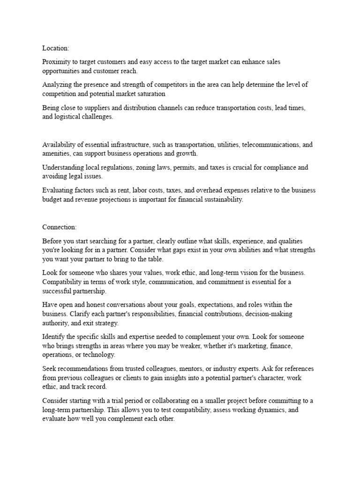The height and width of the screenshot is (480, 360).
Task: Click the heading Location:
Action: [x=56, y=48]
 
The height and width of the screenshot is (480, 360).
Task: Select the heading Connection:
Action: [x=60, y=227]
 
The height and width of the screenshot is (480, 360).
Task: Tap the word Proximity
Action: [x=56, y=62]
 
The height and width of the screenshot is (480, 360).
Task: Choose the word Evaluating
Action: [x=58, y=190]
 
